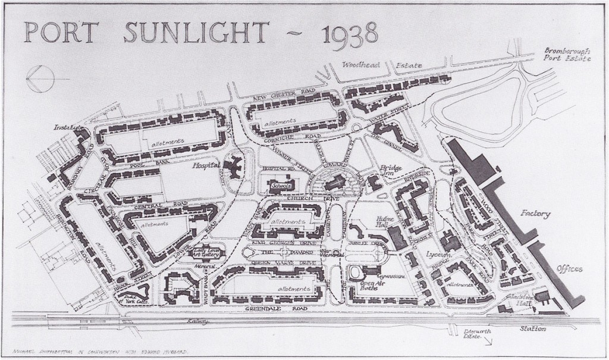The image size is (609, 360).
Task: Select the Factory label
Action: [534, 213]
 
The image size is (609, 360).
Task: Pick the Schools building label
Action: [280, 186]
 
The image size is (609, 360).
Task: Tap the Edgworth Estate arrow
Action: [488, 342]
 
